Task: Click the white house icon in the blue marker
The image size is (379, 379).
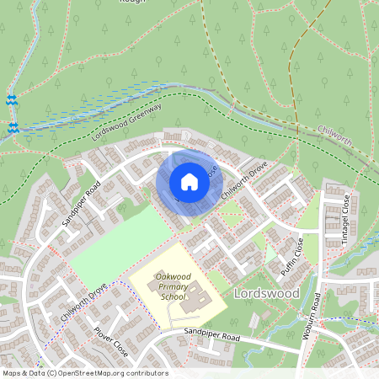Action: coord(189,181)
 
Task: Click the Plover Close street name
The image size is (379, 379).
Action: coord(110,342)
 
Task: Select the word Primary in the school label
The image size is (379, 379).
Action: coord(172,286)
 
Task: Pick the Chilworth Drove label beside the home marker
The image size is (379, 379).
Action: coord(244,181)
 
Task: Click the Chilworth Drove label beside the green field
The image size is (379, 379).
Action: coord(84,302)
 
